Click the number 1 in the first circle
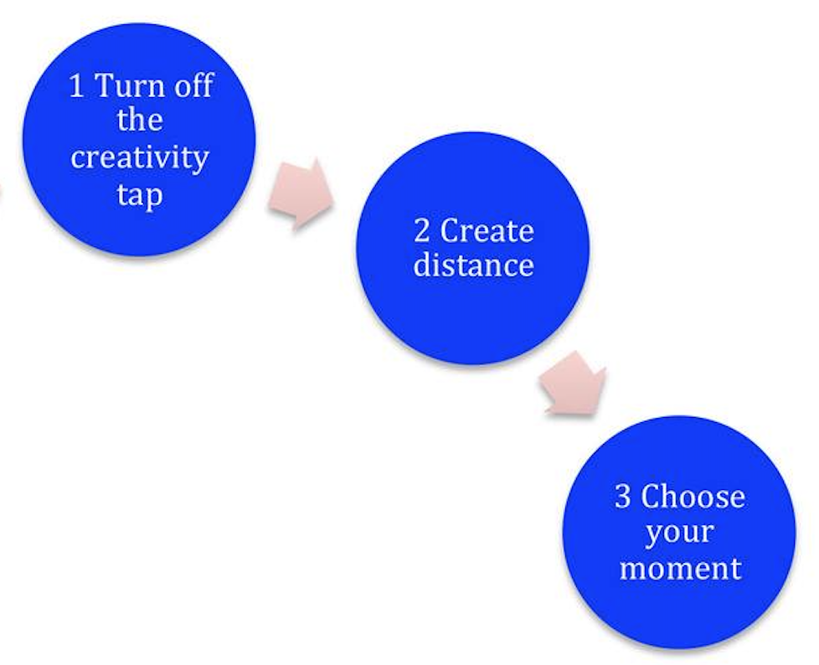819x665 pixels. pyautogui.click(x=76, y=85)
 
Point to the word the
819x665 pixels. pyautogui.click(x=140, y=120)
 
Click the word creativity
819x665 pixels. pyautogui.click(x=140, y=157)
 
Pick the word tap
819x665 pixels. pyautogui.click(x=140, y=195)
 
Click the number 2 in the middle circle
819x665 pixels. pyautogui.click(x=421, y=231)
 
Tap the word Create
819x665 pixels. pyautogui.click(x=487, y=230)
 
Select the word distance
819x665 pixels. pyautogui.click(x=474, y=265)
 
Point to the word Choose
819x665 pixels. pyautogui.click(x=693, y=496)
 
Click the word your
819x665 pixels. pyautogui.click(x=679, y=533)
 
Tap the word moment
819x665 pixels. pyautogui.click(x=680, y=568)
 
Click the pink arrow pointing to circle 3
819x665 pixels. pyautogui.click(x=574, y=384)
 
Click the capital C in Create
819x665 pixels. pyautogui.click(x=449, y=230)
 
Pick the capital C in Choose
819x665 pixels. pyautogui.click(x=651, y=496)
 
